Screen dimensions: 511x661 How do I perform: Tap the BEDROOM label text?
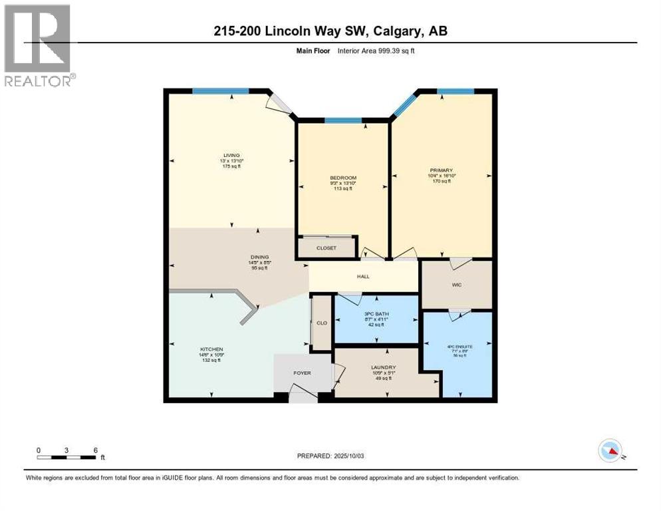(343, 178)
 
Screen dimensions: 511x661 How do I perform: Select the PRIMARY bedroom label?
(442, 170)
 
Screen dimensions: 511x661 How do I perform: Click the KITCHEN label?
(212, 349)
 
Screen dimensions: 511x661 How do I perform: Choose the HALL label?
(363, 277)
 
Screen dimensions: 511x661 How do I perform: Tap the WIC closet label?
(456, 285)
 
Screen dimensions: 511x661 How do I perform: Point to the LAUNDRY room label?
(384, 367)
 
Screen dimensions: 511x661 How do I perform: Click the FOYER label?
(303, 373)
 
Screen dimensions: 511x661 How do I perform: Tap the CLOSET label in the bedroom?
(327, 248)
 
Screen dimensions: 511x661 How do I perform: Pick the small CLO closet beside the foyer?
(322, 323)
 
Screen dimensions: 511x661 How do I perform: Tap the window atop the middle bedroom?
(343, 120)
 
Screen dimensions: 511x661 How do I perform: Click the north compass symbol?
(609, 450)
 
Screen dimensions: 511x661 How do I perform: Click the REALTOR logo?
(39, 45)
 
